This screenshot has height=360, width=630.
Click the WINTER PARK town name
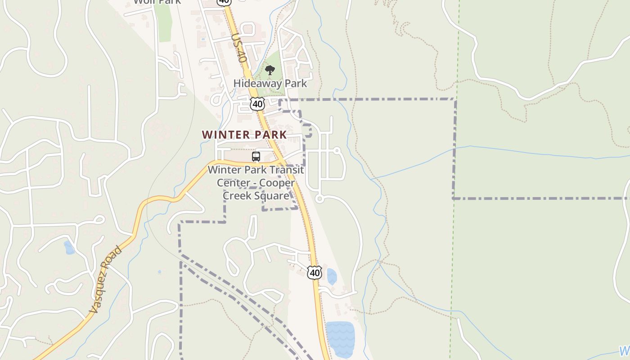tap(244, 135)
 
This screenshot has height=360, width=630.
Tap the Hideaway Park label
tap(270, 83)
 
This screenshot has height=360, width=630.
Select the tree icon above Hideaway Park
tap(270, 70)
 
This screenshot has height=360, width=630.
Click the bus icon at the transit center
tap(256, 157)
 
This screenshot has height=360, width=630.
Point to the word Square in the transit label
tap(269, 196)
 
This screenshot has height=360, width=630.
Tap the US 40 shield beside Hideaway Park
tap(257, 104)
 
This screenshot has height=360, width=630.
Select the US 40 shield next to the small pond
tap(315, 272)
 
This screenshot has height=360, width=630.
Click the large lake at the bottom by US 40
tap(340, 338)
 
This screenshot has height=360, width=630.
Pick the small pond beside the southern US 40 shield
tap(332, 277)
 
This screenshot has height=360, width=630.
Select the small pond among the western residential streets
tap(69, 247)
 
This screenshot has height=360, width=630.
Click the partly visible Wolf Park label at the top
tap(157, 2)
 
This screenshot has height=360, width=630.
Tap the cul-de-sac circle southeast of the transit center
tap(319, 198)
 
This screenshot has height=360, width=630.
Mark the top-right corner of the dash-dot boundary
tap(455, 99)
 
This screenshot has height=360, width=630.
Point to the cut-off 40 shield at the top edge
tap(224, 2)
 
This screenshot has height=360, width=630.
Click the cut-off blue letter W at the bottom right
tap(624, 351)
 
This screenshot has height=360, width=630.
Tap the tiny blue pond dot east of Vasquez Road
tap(159, 272)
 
